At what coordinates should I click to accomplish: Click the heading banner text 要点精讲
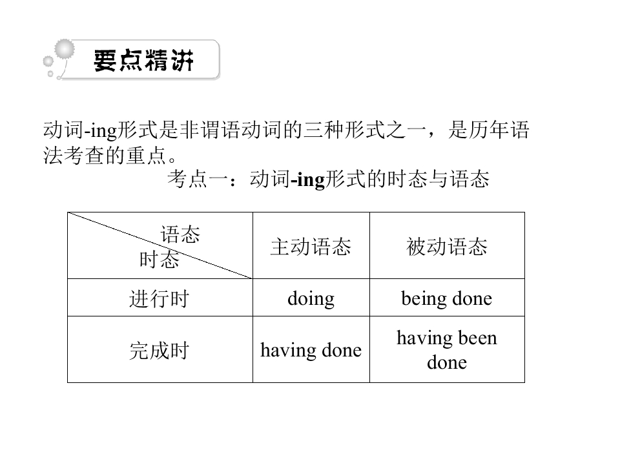143,61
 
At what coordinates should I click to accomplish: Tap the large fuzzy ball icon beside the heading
65,50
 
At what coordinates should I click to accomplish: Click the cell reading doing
311,298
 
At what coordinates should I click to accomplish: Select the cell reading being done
447,298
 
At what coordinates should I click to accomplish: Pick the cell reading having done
311,350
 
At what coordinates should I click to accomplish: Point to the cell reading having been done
447,350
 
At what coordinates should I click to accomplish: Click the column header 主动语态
311,247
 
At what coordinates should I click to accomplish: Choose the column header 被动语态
447,247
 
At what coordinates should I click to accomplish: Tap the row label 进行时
160,298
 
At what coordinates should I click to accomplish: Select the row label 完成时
160,351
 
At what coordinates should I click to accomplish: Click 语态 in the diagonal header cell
180,234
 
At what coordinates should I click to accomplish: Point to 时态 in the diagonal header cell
160,260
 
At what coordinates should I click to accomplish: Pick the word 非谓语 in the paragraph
210,130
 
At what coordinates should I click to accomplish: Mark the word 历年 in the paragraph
489,130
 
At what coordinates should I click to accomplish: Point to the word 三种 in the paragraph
324,130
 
